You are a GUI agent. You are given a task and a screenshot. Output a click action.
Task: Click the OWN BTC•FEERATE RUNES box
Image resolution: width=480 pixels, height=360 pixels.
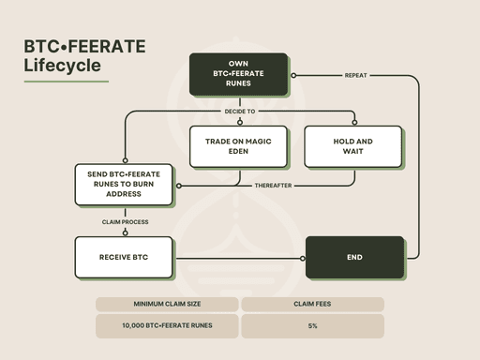click(x=238, y=74)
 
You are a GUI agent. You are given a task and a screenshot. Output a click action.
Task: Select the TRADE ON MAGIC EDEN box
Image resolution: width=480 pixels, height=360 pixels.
click(x=238, y=146)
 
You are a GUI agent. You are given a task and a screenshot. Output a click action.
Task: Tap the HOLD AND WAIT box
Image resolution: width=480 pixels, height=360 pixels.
click(x=353, y=146)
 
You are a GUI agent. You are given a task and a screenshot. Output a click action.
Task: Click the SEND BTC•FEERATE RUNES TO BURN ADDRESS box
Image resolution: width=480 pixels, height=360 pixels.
click(x=124, y=185)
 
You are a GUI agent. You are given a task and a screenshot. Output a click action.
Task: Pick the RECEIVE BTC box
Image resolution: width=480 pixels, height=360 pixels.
click(x=124, y=257)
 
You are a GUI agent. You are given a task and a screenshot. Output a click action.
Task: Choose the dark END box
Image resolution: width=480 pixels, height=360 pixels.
click(x=354, y=257)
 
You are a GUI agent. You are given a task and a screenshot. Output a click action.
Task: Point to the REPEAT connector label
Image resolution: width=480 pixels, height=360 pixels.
click(x=355, y=75)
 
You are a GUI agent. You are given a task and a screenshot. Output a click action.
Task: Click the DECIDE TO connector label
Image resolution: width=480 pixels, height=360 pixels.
click(x=240, y=112)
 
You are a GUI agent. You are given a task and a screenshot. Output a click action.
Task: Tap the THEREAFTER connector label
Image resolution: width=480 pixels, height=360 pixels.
click(x=273, y=186)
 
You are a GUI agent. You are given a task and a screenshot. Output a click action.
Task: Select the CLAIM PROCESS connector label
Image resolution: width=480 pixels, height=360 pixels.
click(x=125, y=222)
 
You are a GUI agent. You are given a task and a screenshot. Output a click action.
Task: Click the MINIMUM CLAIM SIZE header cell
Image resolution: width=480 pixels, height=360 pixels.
click(x=167, y=304)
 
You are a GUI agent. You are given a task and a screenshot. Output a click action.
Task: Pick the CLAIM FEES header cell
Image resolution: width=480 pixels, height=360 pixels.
click(x=312, y=304)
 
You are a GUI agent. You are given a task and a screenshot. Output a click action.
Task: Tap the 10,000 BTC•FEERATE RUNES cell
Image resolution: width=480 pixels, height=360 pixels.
click(x=167, y=326)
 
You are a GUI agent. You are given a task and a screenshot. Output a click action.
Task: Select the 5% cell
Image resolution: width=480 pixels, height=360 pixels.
click(x=312, y=326)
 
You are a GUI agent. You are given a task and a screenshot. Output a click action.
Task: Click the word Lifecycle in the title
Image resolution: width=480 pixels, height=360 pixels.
click(x=63, y=66)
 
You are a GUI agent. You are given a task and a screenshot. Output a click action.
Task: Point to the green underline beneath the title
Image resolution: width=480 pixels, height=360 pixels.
click(x=67, y=82)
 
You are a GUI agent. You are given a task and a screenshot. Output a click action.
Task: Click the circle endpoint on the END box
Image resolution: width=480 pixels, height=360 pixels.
click(x=303, y=259)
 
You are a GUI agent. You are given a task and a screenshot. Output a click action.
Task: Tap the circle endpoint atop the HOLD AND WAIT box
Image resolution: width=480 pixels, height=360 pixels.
click(x=354, y=122)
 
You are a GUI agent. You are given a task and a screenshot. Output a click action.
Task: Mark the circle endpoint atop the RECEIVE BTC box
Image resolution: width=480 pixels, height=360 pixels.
click(x=126, y=232)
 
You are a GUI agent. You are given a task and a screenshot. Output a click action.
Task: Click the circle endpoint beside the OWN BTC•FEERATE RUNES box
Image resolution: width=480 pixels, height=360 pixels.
click(x=293, y=75)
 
